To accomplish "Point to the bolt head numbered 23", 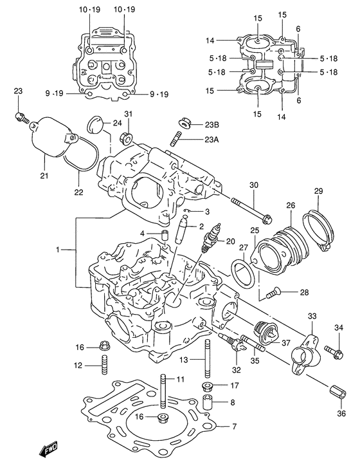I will [21, 118].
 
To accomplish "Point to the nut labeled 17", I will [208, 386].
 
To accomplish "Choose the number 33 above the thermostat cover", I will [312, 317].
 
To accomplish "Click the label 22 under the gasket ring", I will [78, 192].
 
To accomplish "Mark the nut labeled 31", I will [127, 137].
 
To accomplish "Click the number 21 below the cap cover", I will [44, 176].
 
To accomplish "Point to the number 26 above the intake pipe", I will [291, 206].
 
